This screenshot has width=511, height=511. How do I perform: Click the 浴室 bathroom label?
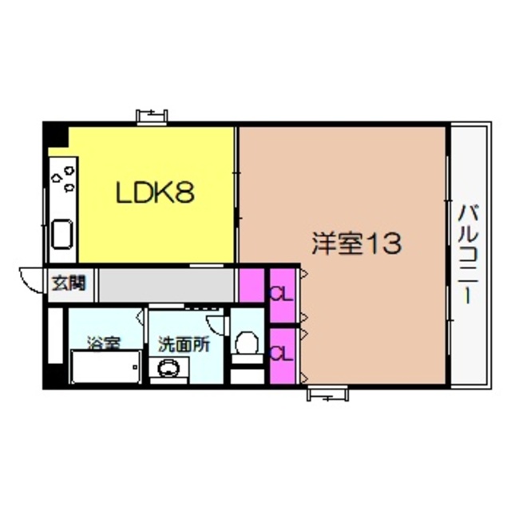click(x=104, y=344)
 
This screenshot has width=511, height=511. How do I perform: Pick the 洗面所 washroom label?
click(x=183, y=344)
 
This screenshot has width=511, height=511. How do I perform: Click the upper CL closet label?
click(x=279, y=293)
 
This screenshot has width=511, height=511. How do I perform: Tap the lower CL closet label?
click(x=279, y=352)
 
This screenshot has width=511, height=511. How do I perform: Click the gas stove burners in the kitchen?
click(x=63, y=177)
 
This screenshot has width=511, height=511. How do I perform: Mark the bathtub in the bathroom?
click(x=105, y=369)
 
